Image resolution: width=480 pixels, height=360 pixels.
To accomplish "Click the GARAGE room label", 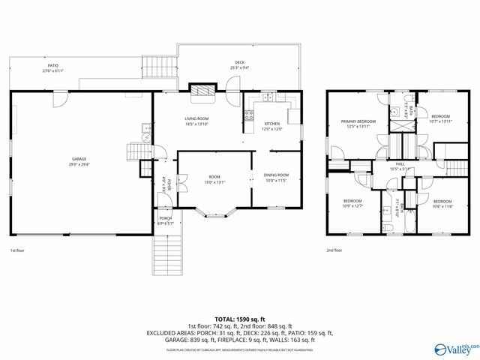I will pyautogui.click(x=79, y=161).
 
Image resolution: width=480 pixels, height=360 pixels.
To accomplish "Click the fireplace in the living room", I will pyautogui.click(x=201, y=91).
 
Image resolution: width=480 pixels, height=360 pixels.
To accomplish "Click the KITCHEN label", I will pyautogui.click(x=271, y=125).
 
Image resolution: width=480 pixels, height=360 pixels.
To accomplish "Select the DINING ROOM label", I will pyautogui.click(x=276, y=178).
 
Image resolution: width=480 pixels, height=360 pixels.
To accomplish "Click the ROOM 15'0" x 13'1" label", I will pyautogui.click(x=214, y=179).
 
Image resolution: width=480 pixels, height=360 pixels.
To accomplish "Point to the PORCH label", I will pyautogui.click(x=165, y=220).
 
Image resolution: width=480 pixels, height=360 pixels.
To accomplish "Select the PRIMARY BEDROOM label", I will pyautogui.click(x=358, y=124).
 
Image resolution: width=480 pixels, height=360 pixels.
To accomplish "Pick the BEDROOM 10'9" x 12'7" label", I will pyautogui.click(x=352, y=203).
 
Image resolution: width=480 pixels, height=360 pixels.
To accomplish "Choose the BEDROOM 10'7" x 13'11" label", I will pyautogui.click(x=440, y=118).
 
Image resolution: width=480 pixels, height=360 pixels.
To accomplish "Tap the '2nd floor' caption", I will pyautogui.click(x=334, y=250).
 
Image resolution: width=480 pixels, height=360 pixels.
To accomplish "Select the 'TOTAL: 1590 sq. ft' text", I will pyautogui.click(x=239, y=319).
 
